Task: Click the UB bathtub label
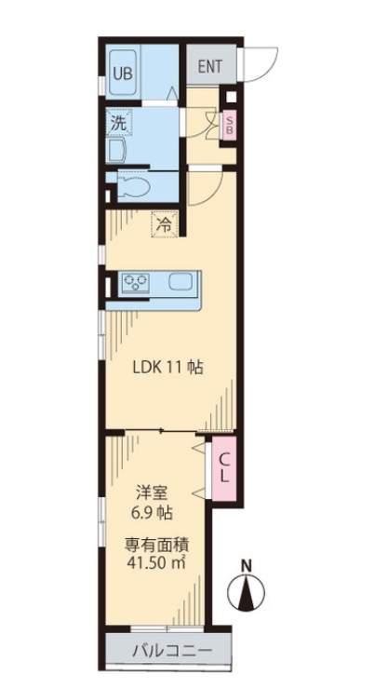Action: click(123, 73)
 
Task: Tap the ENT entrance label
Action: click(209, 66)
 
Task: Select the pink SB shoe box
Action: click(230, 126)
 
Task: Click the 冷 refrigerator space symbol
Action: click(165, 224)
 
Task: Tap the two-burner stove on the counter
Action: click(136, 283)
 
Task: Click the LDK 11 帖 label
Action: click(167, 367)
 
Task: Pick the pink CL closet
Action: click(224, 468)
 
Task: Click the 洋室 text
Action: click(152, 494)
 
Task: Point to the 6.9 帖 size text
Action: click(152, 512)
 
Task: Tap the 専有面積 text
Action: click(156, 546)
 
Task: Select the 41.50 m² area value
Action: click(156, 563)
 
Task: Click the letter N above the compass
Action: click(248, 565)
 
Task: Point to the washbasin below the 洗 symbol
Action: click(116, 152)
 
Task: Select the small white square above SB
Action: click(232, 97)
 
